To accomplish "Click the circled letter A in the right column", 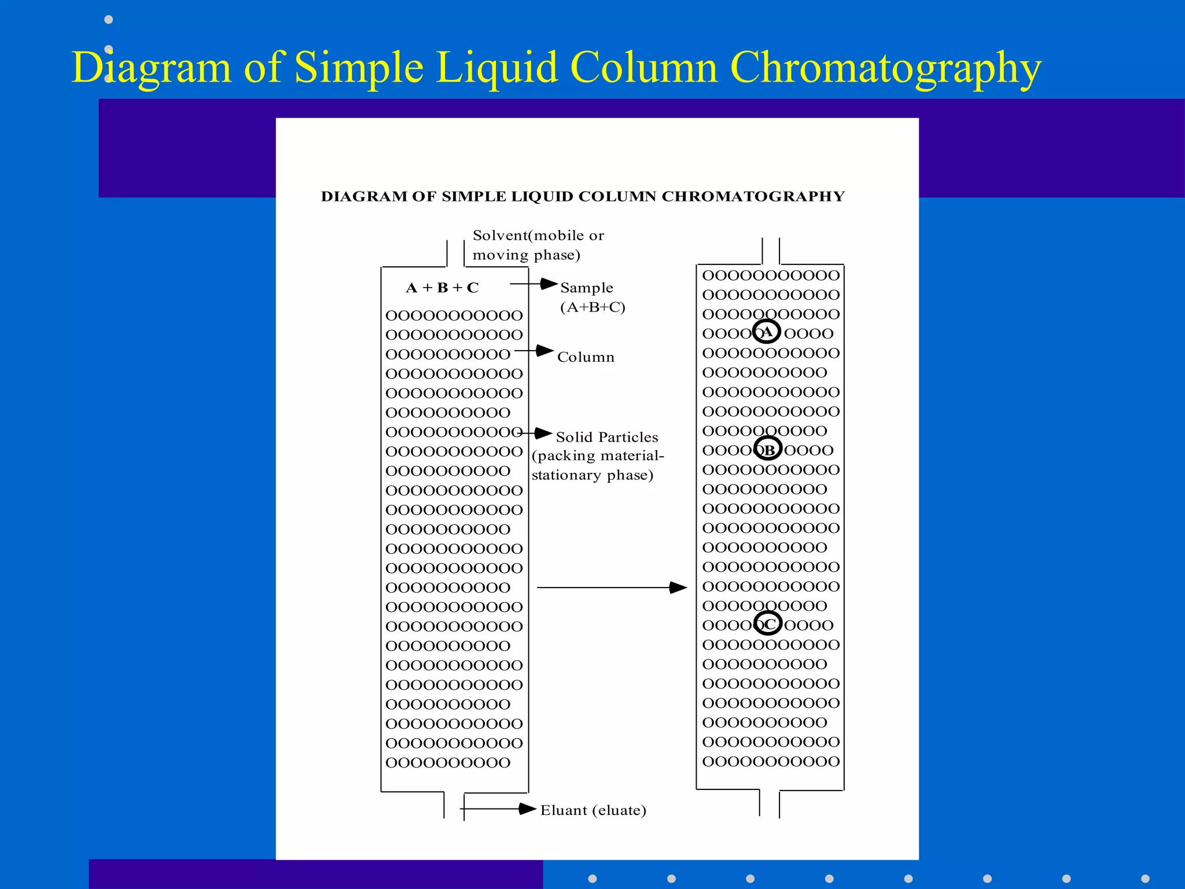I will point(767,332).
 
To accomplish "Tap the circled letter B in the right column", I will point(768,449).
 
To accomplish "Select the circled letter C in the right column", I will point(769,623).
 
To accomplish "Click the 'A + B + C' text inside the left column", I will point(443,288).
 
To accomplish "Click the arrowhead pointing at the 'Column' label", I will point(544,351).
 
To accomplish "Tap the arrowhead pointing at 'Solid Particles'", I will point(543,433).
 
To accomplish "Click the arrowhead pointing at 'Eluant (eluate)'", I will point(527,809).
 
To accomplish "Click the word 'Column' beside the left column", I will point(586,357).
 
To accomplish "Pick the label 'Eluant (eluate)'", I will point(593,810).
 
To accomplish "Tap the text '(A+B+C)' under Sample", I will point(592,307).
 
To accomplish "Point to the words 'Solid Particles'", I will point(607,437).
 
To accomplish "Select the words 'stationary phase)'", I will point(592,475).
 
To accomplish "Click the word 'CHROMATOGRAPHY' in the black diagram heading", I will point(753,197).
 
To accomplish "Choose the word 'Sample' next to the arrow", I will point(587,288).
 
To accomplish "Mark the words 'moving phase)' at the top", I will point(527,255).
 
